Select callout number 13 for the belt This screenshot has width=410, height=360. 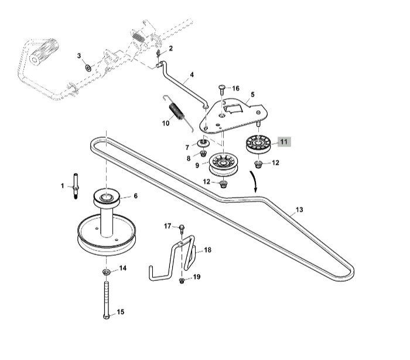[300, 209]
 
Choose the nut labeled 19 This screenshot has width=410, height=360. [182, 280]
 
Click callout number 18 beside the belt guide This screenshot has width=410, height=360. [207, 250]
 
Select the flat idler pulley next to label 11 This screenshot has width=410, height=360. [257, 144]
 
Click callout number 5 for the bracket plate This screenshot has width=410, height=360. [252, 94]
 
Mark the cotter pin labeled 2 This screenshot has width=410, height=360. [159, 53]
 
